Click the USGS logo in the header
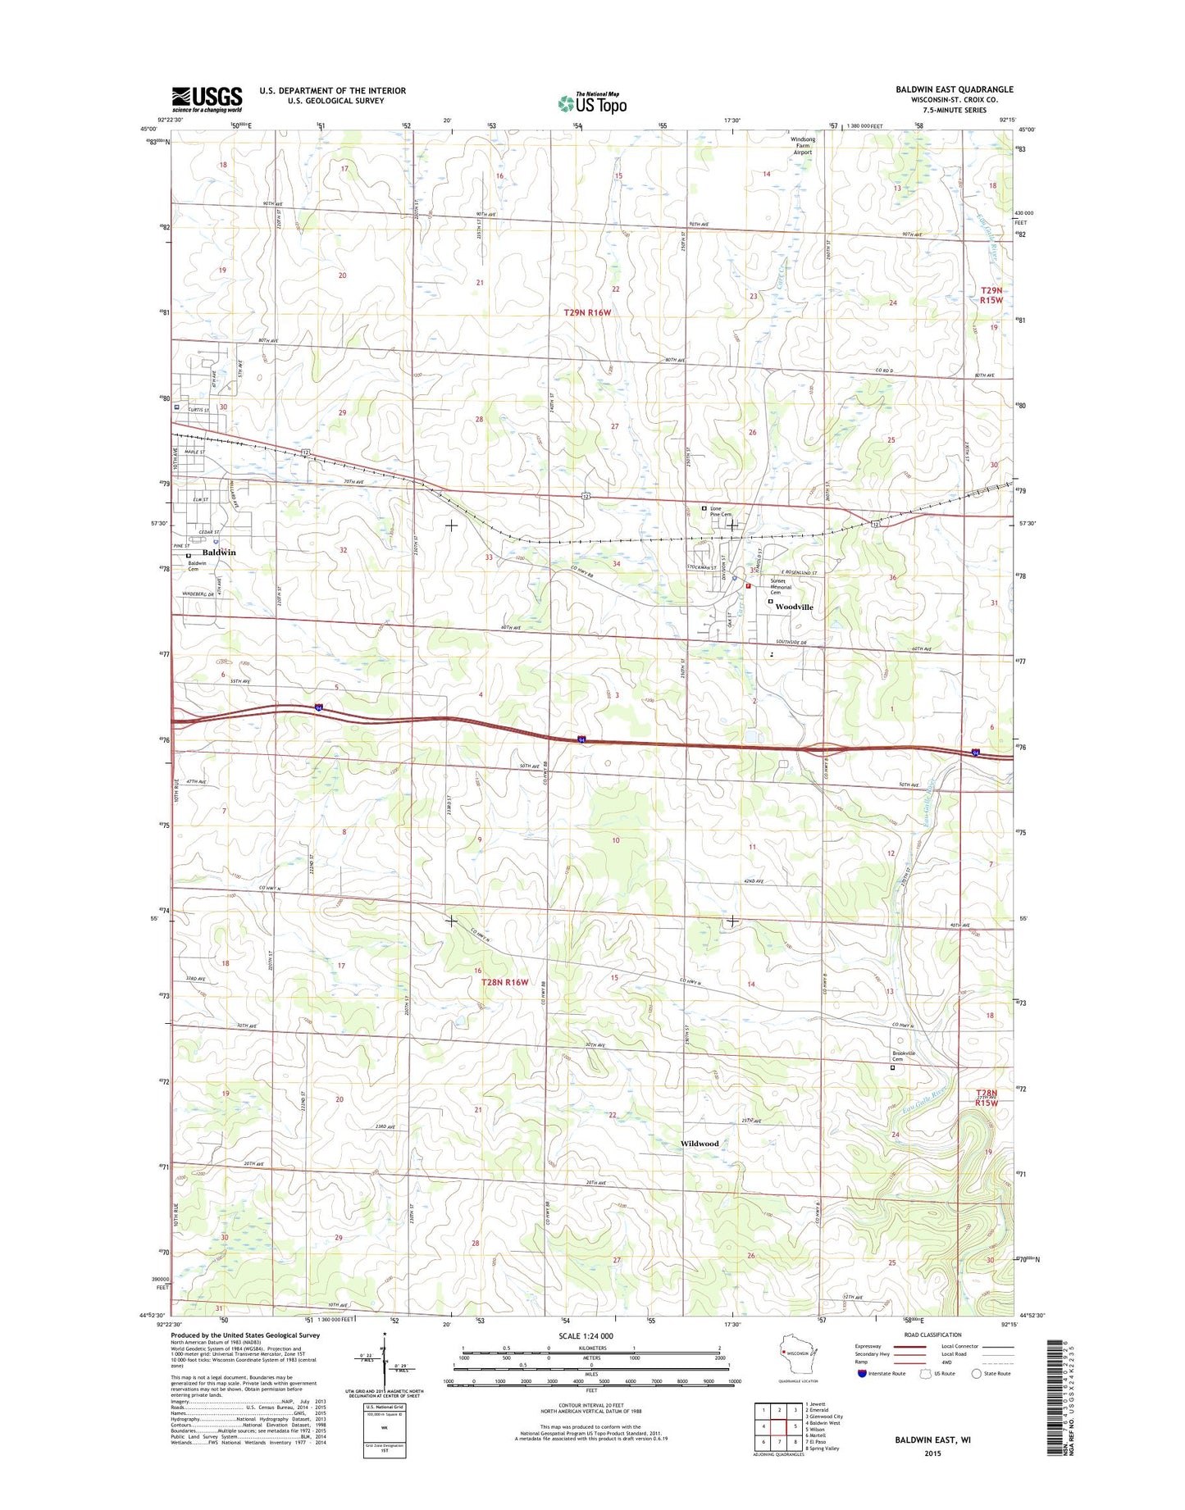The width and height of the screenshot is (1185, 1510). click(207, 99)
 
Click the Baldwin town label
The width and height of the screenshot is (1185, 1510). click(219, 553)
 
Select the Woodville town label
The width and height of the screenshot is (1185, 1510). click(794, 607)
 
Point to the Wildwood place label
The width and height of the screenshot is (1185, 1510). click(699, 1144)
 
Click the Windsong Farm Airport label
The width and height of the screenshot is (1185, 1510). click(802, 146)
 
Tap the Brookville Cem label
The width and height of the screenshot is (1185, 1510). click(904, 1056)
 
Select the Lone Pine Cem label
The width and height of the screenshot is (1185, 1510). click(721, 512)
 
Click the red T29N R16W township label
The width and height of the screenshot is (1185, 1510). click(587, 312)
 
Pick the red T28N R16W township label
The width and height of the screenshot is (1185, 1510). click(504, 981)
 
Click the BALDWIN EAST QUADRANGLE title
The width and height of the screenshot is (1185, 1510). click(954, 89)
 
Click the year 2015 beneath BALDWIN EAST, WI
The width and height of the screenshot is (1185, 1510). click(932, 1453)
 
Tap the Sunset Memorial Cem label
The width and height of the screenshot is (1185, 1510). click(781, 586)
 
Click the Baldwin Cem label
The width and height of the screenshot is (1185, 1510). click(198, 566)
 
